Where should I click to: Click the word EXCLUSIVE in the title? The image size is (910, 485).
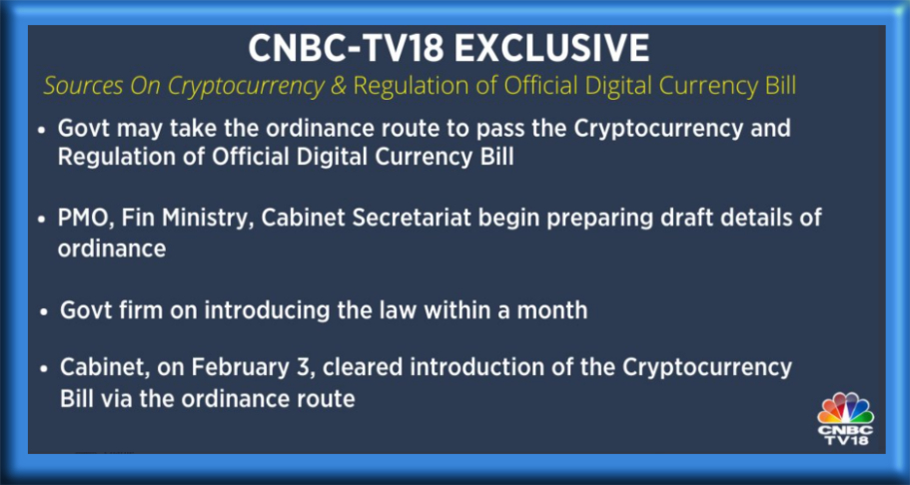pyautogui.click(x=552, y=49)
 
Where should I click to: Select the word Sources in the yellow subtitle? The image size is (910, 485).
pyautogui.click(x=84, y=87)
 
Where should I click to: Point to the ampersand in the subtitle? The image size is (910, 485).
pyautogui.click(x=338, y=87)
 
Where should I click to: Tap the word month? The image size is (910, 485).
pyautogui.click(x=552, y=311)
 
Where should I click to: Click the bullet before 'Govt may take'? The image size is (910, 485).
pyautogui.click(x=41, y=131)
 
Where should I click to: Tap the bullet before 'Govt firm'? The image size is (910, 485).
pyautogui.click(x=45, y=312)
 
